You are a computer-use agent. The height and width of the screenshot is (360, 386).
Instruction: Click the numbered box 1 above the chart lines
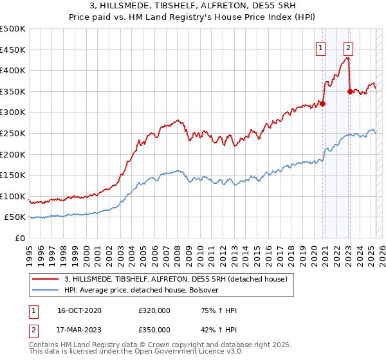(320, 47)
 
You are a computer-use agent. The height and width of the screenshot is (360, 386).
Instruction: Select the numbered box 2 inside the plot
(348, 47)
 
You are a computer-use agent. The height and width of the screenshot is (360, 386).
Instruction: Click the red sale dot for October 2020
(322, 104)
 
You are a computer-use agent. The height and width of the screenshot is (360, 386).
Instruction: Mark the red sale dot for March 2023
(350, 91)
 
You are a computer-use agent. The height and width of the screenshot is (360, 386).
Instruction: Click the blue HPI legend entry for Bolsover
(142, 290)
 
